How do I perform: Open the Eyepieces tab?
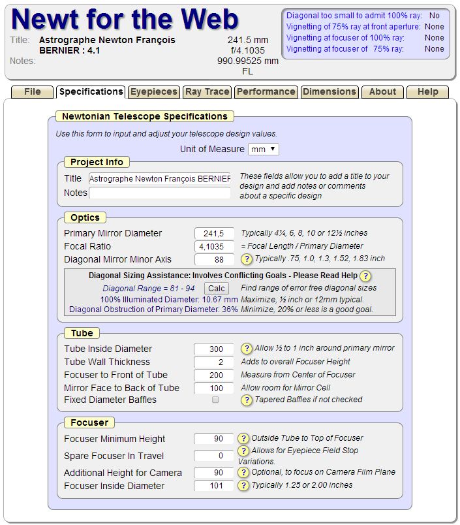pos(153,92)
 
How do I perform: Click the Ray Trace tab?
pos(207,92)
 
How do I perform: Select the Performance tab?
pos(266,92)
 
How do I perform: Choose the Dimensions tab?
pos(330,92)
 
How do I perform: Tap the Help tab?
pos(427,92)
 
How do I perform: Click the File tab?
pos(33,92)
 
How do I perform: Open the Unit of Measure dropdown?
pos(264,150)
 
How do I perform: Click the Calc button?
pos(216,288)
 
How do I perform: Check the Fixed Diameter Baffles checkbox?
pos(215,400)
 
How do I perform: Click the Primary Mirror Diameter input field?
pos(214,234)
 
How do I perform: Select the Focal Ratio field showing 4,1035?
pos(214,247)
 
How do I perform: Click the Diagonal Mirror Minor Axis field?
pos(214,259)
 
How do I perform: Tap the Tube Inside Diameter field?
pos(214,349)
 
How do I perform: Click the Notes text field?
pos(160,193)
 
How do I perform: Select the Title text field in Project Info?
pos(160,178)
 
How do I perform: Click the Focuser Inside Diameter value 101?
pos(214,486)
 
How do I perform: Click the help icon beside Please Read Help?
pos(365,276)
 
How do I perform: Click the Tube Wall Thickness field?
pos(214,362)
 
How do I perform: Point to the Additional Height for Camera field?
pos(214,473)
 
